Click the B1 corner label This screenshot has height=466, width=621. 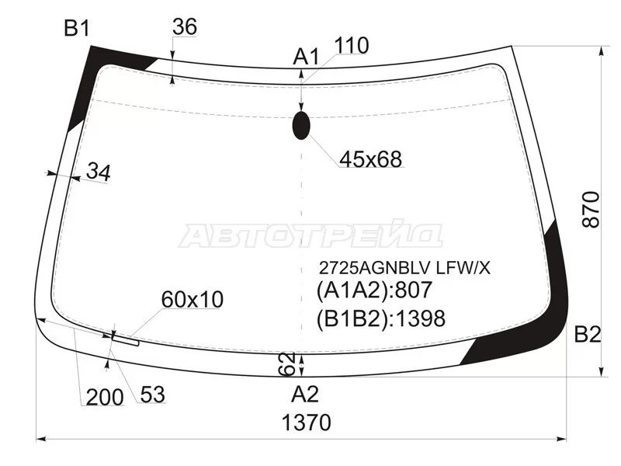point(77,29)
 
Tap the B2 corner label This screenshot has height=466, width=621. point(588,335)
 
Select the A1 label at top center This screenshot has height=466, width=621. point(305,57)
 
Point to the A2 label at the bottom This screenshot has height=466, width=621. point(305,395)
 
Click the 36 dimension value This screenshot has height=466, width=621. point(185,27)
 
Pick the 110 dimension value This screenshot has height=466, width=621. point(352,46)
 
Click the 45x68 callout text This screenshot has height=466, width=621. point(371,159)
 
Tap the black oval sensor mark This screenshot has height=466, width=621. point(301,125)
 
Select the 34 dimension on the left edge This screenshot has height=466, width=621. point(99,172)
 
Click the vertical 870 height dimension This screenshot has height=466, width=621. point(591,209)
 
